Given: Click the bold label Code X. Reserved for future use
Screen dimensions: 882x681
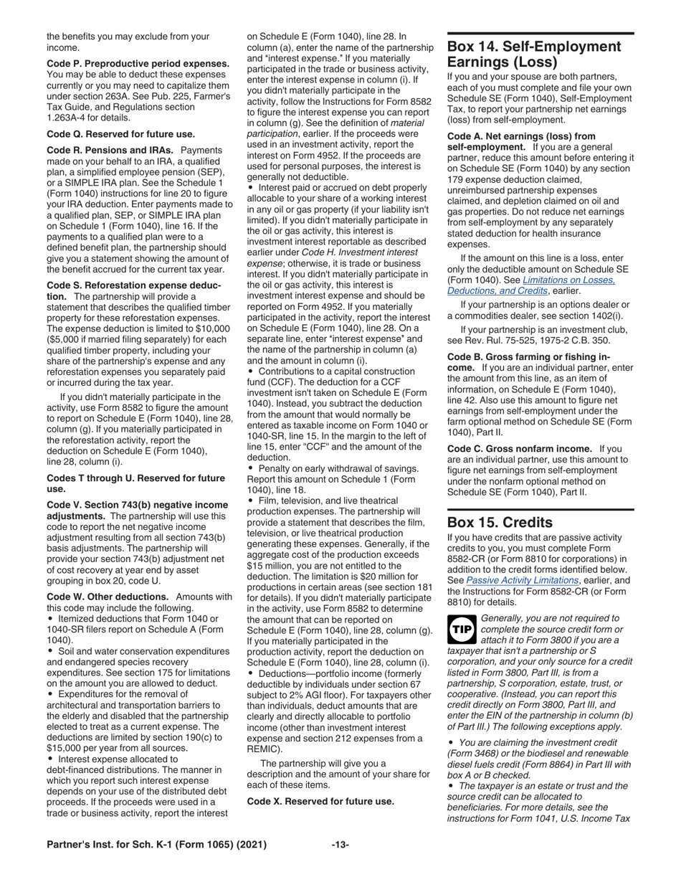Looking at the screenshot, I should click(x=320, y=800).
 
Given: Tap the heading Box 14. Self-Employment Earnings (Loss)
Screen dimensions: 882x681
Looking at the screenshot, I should click(x=534, y=54).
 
